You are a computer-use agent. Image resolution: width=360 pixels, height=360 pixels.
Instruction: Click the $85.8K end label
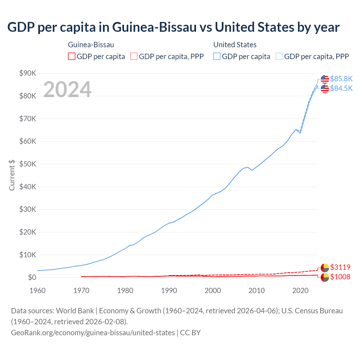click(341, 79)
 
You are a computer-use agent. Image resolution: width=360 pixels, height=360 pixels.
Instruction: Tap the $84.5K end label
click(341, 88)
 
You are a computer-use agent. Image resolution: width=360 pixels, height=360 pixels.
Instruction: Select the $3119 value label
click(340, 267)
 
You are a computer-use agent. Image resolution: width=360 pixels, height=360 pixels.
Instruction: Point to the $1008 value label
click(340, 277)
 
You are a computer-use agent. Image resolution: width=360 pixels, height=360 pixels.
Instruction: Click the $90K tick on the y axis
click(28, 73)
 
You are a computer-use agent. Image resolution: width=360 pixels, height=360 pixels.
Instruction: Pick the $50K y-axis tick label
click(28, 164)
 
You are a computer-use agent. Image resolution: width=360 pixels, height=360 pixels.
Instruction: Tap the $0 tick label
click(32, 278)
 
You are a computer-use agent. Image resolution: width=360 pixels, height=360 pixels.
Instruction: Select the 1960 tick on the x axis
click(37, 291)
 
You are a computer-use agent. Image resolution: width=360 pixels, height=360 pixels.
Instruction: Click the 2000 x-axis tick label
click(213, 291)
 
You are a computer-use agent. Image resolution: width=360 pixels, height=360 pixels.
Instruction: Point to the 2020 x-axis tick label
click(300, 291)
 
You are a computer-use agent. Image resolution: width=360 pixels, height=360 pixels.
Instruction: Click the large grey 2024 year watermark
click(67, 89)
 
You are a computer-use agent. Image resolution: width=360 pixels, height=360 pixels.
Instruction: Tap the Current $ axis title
click(12, 175)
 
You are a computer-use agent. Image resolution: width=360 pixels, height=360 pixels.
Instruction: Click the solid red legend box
click(72, 57)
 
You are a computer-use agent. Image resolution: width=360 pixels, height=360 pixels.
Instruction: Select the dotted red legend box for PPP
click(134, 57)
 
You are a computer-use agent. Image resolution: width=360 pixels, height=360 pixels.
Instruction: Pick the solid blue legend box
click(217, 57)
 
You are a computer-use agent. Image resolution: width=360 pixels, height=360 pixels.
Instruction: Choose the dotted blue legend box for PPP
click(279, 57)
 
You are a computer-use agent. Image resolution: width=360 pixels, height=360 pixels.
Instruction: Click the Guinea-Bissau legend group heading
click(91, 45)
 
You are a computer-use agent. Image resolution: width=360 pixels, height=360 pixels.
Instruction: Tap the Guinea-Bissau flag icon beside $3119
click(325, 267)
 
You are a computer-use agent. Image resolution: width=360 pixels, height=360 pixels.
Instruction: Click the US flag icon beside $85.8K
click(325, 79)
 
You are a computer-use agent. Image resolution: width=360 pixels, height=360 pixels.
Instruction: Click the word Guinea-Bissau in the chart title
click(154, 27)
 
